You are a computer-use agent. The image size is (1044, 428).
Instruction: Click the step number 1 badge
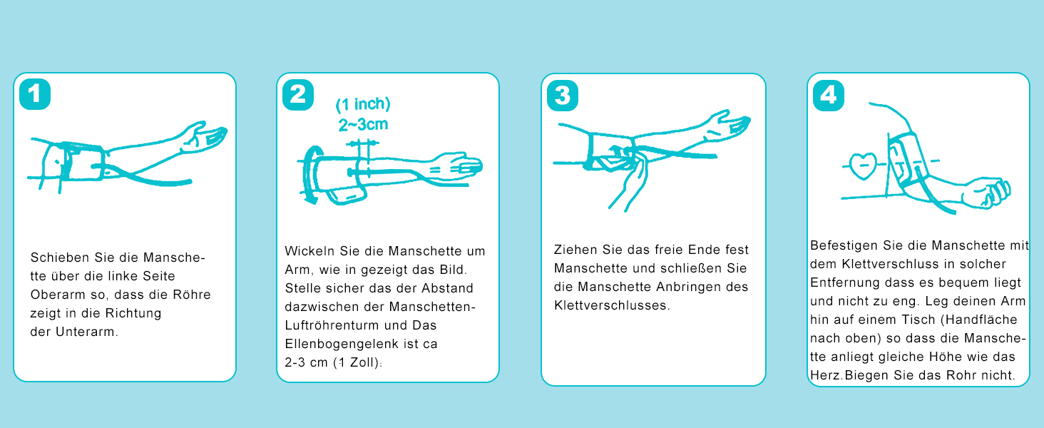click(x=35, y=94)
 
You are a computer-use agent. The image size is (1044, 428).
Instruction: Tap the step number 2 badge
click(x=298, y=95)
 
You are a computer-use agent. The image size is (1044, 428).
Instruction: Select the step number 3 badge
click(x=563, y=96)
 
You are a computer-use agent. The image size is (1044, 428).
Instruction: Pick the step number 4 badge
click(x=829, y=96)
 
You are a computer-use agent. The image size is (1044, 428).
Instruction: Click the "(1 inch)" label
click(x=363, y=104)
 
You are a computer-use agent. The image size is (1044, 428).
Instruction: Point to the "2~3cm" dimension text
click(x=363, y=125)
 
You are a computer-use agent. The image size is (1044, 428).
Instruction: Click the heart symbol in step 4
click(x=863, y=166)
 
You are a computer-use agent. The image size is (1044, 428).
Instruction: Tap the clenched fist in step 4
click(x=988, y=192)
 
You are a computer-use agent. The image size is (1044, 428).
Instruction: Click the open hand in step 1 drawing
click(x=204, y=138)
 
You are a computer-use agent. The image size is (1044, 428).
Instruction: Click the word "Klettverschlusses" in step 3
click(x=610, y=305)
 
